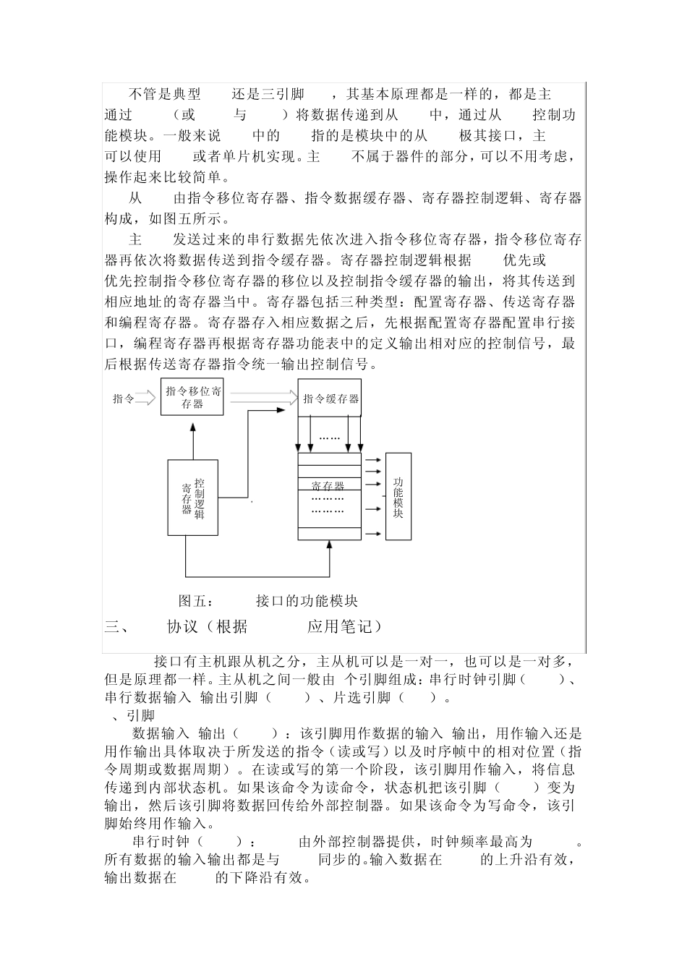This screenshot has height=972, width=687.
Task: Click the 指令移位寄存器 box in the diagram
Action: pyautogui.click(x=192, y=397)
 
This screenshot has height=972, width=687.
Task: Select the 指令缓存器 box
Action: pyautogui.click(x=330, y=398)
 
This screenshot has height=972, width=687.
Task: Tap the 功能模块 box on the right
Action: pyautogui.click(x=398, y=497)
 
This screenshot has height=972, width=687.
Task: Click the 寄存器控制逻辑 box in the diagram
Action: pyautogui.click(x=192, y=498)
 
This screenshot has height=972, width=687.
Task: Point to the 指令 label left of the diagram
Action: pyautogui.click(x=123, y=398)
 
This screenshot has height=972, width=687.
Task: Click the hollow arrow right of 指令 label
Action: pyautogui.click(x=145, y=397)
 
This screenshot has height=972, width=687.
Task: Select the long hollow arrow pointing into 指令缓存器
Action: pyautogui.click(x=264, y=396)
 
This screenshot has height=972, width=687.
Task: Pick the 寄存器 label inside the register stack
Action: pyautogui.click(x=328, y=486)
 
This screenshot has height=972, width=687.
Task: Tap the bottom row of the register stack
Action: pyautogui.click(x=329, y=534)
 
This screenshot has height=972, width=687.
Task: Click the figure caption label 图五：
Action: pyautogui.click(x=196, y=601)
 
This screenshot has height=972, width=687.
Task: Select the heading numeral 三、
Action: pyautogui.click(x=116, y=627)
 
